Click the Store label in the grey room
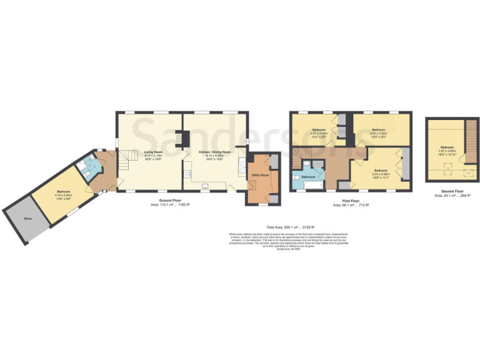(x=27, y=219)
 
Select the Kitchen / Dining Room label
(x=215, y=151)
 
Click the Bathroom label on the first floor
(x=309, y=177)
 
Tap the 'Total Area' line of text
(x=291, y=226)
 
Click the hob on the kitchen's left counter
(x=187, y=173)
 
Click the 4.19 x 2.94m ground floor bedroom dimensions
(x=64, y=196)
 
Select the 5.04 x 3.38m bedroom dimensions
(x=381, y=173)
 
